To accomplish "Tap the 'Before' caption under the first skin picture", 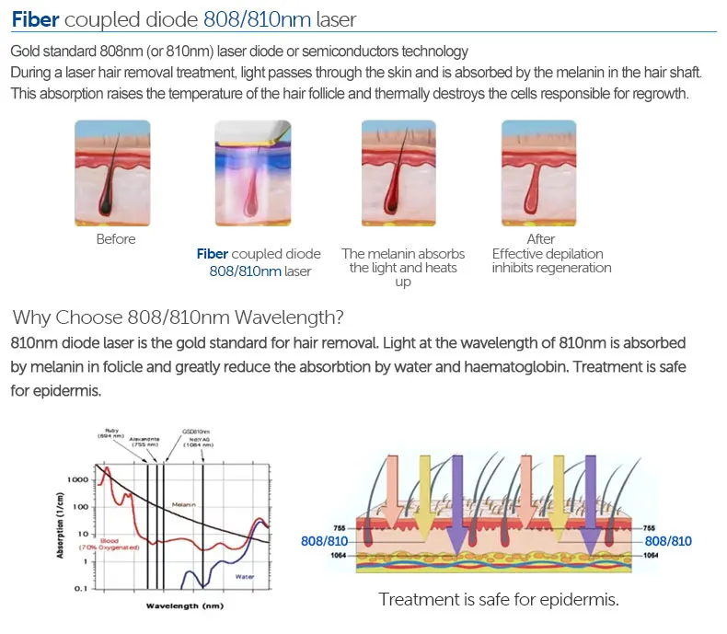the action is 116,239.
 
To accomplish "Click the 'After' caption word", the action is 541,239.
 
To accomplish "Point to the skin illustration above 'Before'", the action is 116,174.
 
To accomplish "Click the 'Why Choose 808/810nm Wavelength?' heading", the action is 179,318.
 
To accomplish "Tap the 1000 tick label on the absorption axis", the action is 76,480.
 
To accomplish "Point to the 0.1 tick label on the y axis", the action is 80,588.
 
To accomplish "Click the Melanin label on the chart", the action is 184,505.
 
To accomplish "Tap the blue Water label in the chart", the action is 244,576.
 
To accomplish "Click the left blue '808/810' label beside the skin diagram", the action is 324,541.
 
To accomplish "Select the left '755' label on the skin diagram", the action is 338,528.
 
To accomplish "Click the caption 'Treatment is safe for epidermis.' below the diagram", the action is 499,599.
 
